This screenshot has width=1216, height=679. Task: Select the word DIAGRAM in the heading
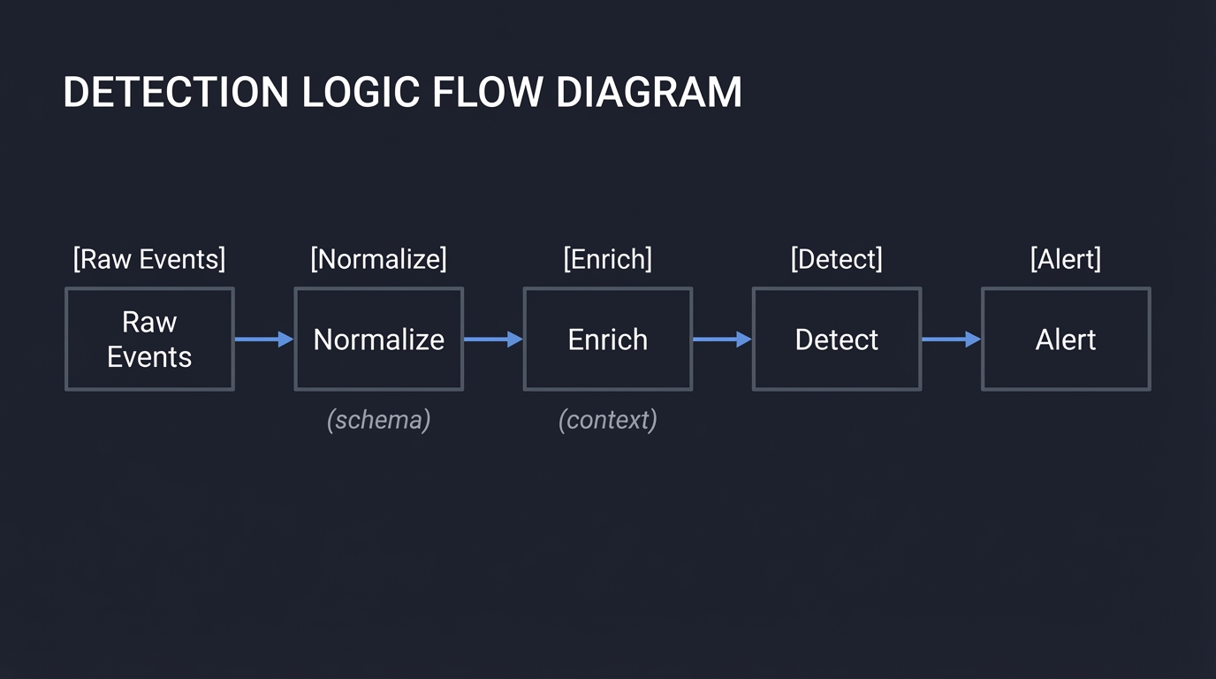(x=650, y=93)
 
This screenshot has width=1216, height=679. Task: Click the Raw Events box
(x=149, y=339)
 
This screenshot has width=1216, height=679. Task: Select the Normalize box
(x=378, y=339)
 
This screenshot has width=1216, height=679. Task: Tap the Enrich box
(x=607, y=339)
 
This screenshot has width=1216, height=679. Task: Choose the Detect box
(x=836, y=339)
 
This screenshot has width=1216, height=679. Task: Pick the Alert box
(x=1065, y=339)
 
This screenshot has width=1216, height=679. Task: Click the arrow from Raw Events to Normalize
(x=263, y=339)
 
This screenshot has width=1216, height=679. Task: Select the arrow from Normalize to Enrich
(x=492, y=339)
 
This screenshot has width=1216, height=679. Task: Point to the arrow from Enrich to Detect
(x=721, y=339)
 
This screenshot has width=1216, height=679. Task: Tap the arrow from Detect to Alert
(x=950, y=339)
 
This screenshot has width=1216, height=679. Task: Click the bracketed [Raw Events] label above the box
(x=149, y=259)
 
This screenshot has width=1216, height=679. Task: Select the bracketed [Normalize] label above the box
(x=378, y=259)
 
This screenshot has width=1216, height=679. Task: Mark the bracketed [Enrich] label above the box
(x=607, y=259)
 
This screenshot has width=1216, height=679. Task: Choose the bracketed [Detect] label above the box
(x=836, y=259)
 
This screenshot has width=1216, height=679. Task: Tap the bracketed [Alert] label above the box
(x=1065, y=259)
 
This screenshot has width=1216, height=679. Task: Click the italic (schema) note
(x=378, y=419)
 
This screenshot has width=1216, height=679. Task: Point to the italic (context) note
(x=607, y=419)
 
